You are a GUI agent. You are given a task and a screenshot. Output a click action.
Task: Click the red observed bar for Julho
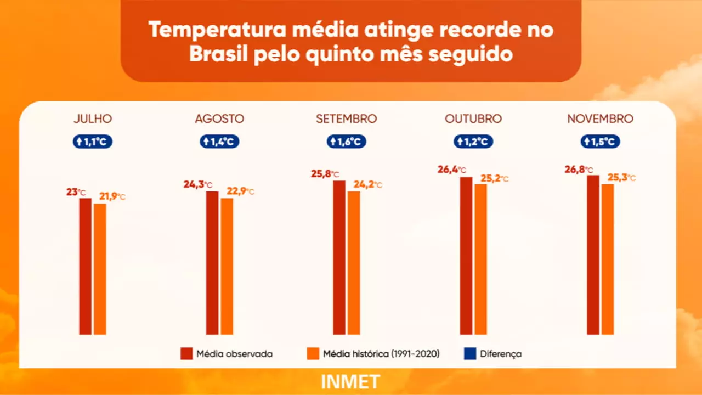[x=85, y=266]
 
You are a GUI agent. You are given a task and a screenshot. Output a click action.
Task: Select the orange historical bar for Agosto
[x=227, y=266]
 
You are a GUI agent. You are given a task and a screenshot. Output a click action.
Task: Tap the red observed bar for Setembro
[x=339, y=257]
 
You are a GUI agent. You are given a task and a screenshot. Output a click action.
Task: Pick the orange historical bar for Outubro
[x=480, y=259]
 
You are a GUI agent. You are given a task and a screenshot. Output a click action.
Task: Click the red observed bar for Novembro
[x=593, y=255]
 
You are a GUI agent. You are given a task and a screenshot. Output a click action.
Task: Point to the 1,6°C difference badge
[x=347, y=142]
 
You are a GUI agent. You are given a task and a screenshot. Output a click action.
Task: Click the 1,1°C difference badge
[x=93, y=142]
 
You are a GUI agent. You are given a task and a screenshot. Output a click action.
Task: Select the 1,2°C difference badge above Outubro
[x=473, y=142]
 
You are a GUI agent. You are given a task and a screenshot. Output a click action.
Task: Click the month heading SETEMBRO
[x=346, y=119]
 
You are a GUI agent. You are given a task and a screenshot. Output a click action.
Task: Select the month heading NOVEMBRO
[x=600, y=119]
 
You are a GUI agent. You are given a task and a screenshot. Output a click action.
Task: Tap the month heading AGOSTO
[x=219, y=119]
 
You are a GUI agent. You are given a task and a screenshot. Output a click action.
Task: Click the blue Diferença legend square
[x=469, y=354]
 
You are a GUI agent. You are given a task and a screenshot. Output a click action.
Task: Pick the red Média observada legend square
[x=186, y=354]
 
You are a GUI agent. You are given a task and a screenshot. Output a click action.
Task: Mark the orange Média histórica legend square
[x=313, y=354]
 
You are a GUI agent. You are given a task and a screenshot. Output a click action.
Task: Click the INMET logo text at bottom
[x=350, y=382]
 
